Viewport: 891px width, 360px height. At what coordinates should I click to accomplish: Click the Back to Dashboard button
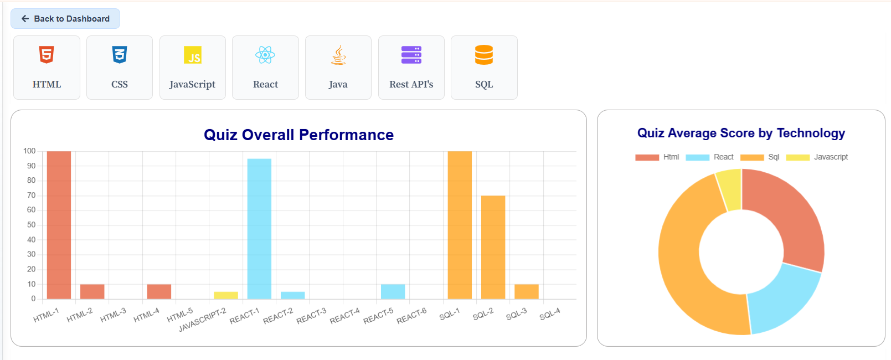pos(65,19)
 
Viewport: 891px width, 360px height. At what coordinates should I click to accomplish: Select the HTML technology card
pos(47,68)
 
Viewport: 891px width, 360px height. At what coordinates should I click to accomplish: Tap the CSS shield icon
pos(120,55)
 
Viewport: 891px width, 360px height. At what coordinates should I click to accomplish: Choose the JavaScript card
pos(192,68)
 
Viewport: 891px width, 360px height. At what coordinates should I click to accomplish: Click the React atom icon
pos(265,55)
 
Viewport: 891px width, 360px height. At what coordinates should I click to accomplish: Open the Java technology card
pos(338,68)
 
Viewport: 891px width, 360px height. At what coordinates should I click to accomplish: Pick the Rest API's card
pos(411,68)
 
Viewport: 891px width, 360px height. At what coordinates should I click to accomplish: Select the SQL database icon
pos(484,55)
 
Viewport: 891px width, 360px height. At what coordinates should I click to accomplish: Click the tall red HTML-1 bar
pos(59,224)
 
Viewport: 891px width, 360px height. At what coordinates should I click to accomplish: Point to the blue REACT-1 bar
pos(259,229)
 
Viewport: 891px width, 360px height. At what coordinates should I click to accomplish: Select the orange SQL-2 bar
pos(493,247)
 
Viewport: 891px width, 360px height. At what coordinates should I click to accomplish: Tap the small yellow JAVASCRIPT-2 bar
pos(226,295)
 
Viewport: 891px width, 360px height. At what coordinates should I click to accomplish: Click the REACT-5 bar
pos(393,291)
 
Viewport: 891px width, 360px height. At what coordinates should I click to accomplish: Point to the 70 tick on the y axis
pos(31,196)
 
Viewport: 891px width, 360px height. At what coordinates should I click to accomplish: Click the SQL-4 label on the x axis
pos(550,314)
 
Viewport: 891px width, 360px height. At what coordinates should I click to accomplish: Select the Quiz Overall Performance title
pos(298,135)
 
